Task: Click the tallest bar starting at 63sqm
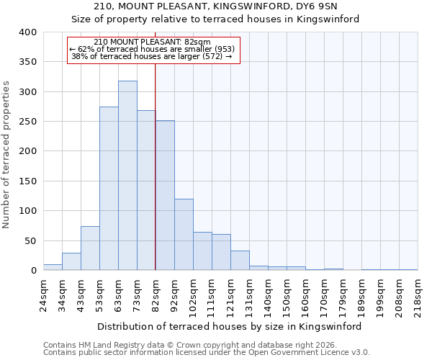(127, 176)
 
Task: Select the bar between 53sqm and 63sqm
(109, 189)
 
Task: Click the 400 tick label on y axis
(27, 32)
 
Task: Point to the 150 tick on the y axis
(27, 181)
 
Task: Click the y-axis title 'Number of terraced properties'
(6, 155)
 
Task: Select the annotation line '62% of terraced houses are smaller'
(152, 50)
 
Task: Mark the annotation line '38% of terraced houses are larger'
(152, 58)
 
